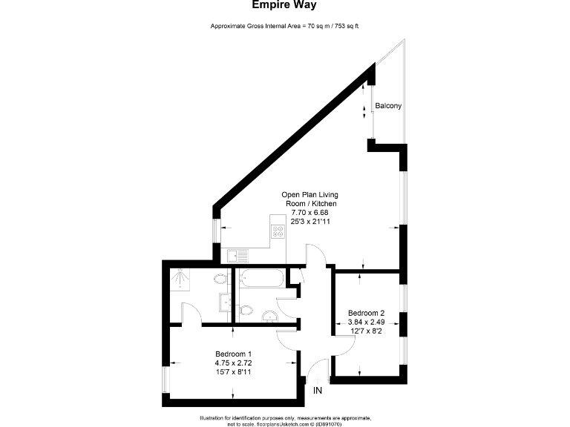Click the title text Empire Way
click(284, 5)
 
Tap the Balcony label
click(388, 106)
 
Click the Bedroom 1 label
click(234, 353)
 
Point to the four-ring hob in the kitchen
click(278, 231)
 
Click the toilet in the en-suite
click(220, 281)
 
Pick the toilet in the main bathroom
click(246, 309)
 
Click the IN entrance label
click(318, 390)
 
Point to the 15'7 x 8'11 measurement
click(234, 372)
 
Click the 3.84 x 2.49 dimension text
click(366, 322)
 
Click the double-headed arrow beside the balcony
click(364, 111)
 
